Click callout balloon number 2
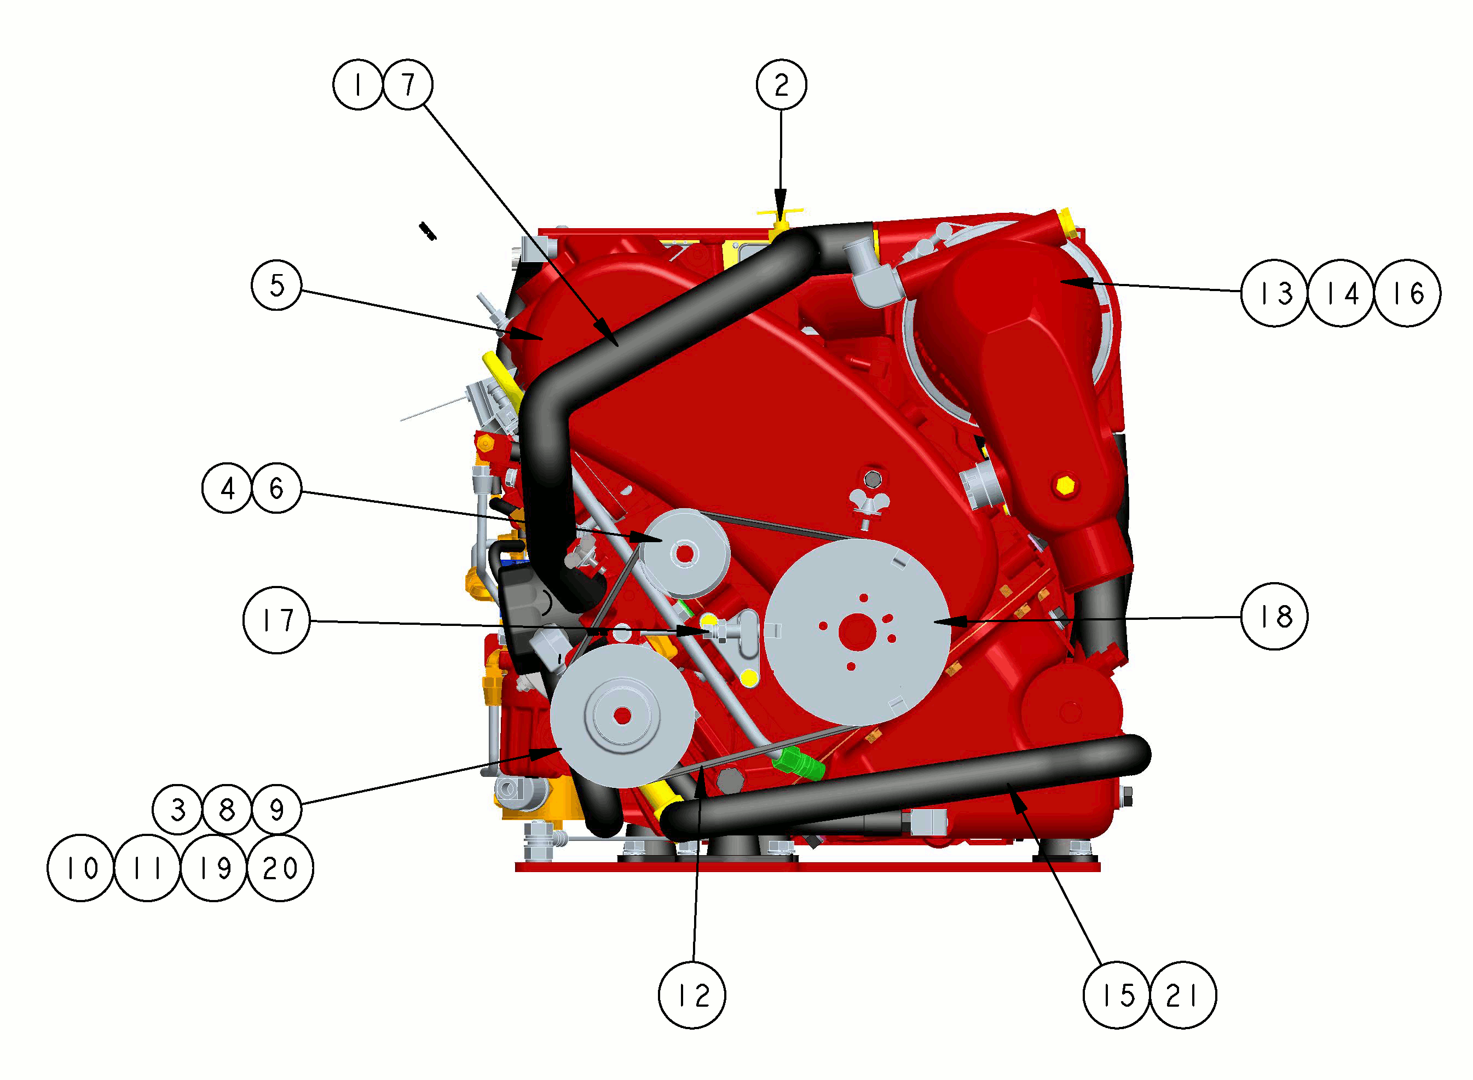[x=781, y=84]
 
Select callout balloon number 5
[x=276, y=285]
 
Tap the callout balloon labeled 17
[x=276, y=620]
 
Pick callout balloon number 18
[x=1274, y=616]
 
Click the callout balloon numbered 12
[x=692, y=995]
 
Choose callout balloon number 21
[x=1182, y=995]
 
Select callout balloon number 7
[x=407, y=84]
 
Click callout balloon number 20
[x=280, y=868]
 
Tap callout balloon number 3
[x=177, y=809]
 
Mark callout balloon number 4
[x=227, y=487]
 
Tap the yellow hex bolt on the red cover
[x=1065, y=486]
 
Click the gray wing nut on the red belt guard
[x=870, y=504]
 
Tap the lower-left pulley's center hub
[x=622, y=716]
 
